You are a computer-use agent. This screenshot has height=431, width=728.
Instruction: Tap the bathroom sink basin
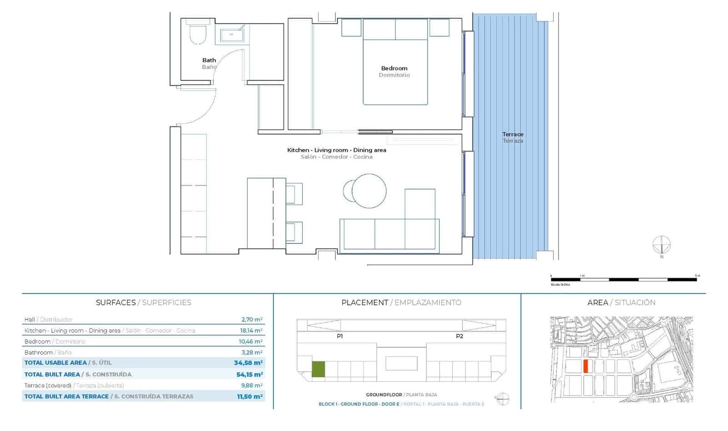[x=232, y=35]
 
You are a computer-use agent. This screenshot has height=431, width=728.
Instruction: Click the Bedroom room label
[x=394, y=69]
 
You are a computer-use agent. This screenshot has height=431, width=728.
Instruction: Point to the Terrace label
[x=513, y=135]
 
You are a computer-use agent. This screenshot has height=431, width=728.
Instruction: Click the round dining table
[x=369, y=191]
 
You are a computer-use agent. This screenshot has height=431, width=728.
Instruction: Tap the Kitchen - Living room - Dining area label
[x=337, y=150]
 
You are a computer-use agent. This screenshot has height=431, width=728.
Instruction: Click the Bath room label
[x=209, y=60]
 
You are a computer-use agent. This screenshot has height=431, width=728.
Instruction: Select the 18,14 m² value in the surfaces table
[x=252, y=331]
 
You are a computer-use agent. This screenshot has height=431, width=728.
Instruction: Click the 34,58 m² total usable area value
[x=248, y=363]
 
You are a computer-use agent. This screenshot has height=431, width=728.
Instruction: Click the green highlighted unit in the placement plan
[x=318, y=369]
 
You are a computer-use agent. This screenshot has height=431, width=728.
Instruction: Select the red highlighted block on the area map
[x=586, y=366]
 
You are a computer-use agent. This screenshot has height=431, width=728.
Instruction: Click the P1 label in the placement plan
[x=340, y=336]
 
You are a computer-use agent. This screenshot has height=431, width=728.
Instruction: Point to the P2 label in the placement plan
[x=460, y=336]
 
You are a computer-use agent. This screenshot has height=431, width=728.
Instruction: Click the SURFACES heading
[x=116, y=303]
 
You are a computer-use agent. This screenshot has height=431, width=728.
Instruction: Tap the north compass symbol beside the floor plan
[x=662, y=245]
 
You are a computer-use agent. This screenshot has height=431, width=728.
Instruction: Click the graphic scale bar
[x=623, y=280]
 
